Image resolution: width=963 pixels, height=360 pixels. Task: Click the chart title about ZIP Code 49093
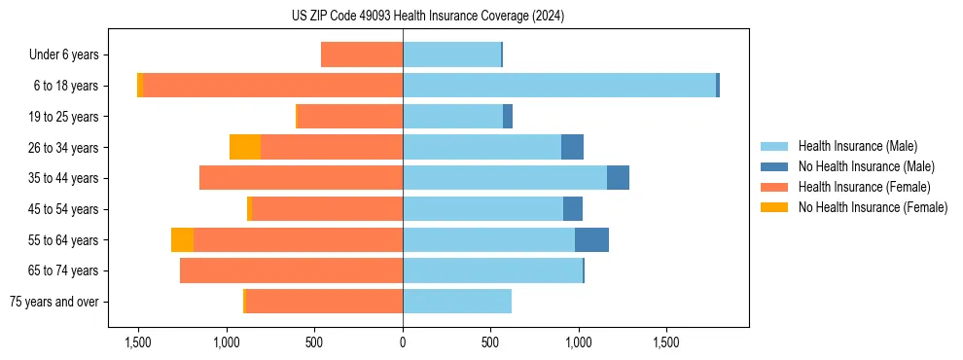(x=427, y=16)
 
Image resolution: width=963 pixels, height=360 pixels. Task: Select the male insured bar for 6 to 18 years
(x=559, y=86)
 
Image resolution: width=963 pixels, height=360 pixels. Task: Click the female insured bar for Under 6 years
(x=362, y=55)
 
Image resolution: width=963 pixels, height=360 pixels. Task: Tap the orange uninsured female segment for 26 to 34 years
(x=245, y=147)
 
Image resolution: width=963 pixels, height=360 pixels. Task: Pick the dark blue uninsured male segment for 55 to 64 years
(x=591, y=240)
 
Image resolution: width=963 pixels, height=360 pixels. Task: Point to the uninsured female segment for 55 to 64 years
(x=182, y=240)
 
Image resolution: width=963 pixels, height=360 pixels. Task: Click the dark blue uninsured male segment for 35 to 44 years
(x=618, y=178)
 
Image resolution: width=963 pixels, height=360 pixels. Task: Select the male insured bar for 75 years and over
(x=457, y=302)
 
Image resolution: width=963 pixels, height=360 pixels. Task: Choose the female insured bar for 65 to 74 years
(x=292, y=270)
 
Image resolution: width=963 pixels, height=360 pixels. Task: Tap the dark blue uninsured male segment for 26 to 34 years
(x=572, y=147)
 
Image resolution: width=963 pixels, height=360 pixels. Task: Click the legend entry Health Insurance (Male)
(x=857, y=146)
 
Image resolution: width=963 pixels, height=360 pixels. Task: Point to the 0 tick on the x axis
(x=403, y=342)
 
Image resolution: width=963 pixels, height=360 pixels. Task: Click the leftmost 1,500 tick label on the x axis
(x=138, y=342)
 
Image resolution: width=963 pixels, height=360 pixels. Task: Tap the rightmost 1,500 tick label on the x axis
(x=666, y=342)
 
